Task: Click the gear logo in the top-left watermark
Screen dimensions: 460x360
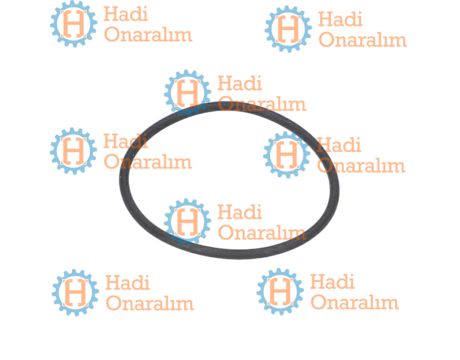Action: [x=73, y=24]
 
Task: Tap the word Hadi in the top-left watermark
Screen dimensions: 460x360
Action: [x=126, y=14]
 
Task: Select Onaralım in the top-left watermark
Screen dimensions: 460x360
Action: [x=148, y=34]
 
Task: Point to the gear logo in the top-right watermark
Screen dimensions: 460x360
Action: [x=288, y=29]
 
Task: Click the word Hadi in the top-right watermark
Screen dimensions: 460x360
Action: [x=340, y=19]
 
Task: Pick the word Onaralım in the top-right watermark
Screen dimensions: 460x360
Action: [x=363, y=39]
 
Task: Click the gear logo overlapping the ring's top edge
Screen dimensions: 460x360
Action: [x=187, y=93]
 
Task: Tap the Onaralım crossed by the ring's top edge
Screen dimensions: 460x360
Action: [x=262, y=104]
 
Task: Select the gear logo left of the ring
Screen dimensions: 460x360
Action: [x=73, y=151]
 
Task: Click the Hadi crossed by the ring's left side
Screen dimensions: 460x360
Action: [x=126, y=142]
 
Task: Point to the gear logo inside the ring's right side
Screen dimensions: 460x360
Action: [x=287, y=155]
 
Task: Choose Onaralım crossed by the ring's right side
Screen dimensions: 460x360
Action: [x=361, y=166]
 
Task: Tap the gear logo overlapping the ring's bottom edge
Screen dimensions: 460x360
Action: [x=187, y=221]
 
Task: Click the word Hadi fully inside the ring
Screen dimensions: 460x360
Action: [x=240, y=212]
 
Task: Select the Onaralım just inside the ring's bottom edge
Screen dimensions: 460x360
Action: [x=262, y=232]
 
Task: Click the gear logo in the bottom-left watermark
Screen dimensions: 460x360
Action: [x=75, y=292]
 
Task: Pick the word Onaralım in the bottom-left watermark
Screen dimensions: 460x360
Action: [x=150, y=303]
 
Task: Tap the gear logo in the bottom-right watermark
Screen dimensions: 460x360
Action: [x=280, y=291]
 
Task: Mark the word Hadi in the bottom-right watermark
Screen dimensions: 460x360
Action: [x=332, y=282]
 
